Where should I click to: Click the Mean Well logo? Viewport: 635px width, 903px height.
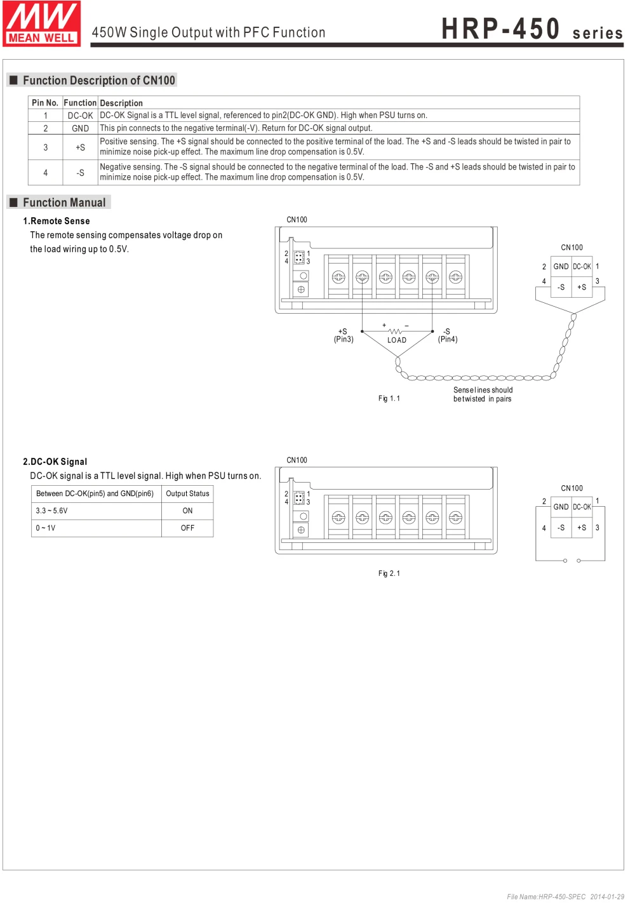pyautogui.click(x=41, y=23)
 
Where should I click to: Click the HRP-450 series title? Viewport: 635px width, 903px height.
pyautogui.click(x=531, y=29)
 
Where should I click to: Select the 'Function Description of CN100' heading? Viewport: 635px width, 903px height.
pyautogui.click(x=98, y=81)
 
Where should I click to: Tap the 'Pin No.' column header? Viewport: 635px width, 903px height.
pyautogui.click(x=45, y=103)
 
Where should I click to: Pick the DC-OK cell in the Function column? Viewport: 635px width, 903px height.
pyautogui.click(x=80, y=116)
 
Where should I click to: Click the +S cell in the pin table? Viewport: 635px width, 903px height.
pyautogui.click(x=80, y=147)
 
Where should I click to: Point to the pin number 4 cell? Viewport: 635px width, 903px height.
pyautogui.click(x=45, y=173)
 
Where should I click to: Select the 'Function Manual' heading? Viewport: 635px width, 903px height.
pyautogui.click(x=64, y=203)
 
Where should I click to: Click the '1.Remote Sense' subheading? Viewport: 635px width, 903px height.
pyautogui.click(x=57, y=221)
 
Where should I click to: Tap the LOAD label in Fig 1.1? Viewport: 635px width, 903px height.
pyautogui.click(x=397, y=340)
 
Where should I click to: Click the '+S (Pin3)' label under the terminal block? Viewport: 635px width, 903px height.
pyautogui.click(x=344, y=335)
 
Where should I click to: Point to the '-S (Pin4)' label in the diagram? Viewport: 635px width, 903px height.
pyautogui.click(x=448, y=335)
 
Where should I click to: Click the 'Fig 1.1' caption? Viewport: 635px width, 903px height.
pyautogui.click(x=389, y=399)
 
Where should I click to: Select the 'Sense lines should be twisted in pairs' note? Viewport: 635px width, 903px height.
pyautogui.click(x=483, y=394)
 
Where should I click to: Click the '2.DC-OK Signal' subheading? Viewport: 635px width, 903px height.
pyautogui.click(x=55, y=462)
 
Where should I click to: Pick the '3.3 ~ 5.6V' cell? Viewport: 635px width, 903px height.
pyautogui.click(x=51, y=511)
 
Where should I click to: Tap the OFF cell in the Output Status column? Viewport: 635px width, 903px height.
pyautogui.click(x=187, y=528)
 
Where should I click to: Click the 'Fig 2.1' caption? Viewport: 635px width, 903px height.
pyautogui.click(x=389, y=573)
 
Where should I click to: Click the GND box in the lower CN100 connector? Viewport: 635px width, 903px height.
pyautogui.click(x=561, y=507)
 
